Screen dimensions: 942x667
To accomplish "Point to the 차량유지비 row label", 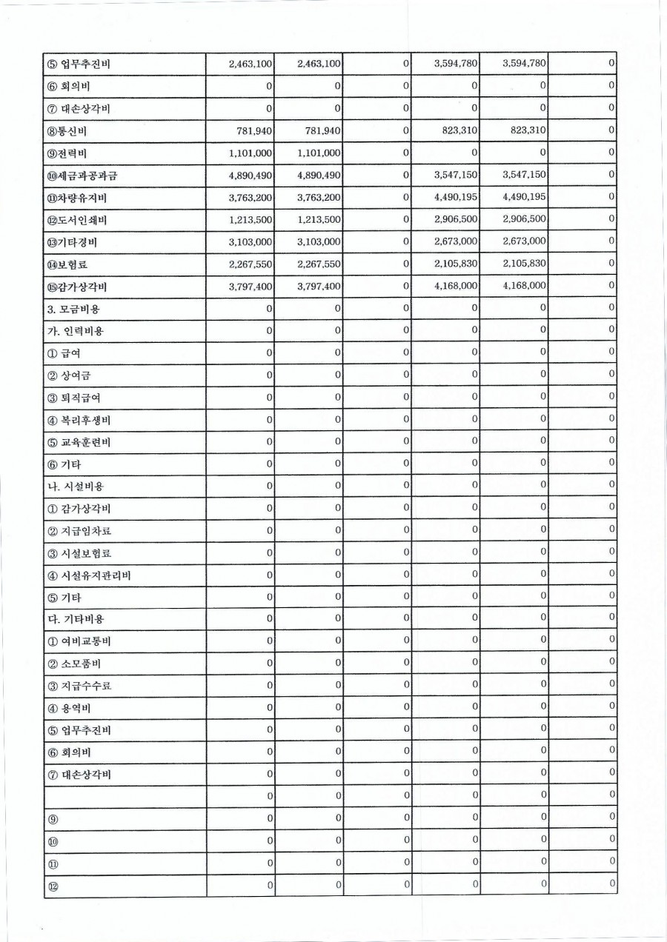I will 75,198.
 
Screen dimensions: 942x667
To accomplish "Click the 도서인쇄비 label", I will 75,221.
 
